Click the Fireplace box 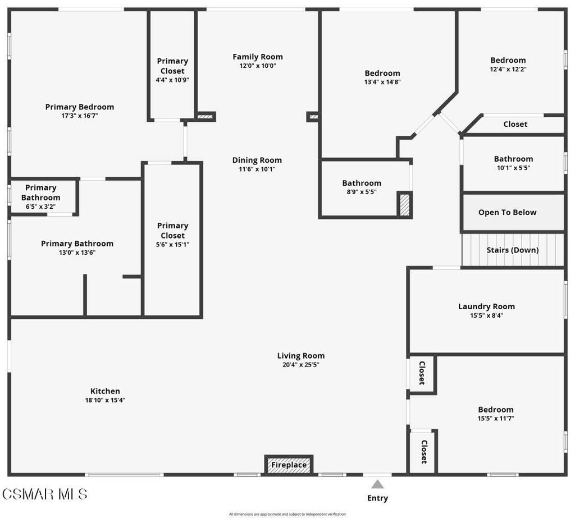(x=289, y=465)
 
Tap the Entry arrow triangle (x=377, y=485)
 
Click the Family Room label (x=257, y=57)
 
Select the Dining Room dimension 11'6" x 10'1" (x=257, y=169)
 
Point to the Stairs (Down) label (x=512, y=250)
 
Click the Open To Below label (x=507, y=212)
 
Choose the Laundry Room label (x=486, y=306)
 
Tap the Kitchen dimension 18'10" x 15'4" (x=105, y=400)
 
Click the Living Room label (x=301, y=356)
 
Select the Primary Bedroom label (x=80, y=107)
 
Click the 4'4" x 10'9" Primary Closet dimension (x=172, y=80)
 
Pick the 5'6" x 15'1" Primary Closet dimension (x=172, y=245)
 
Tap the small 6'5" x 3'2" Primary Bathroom (x=40, y=197)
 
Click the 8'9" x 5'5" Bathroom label (x=362, y=183)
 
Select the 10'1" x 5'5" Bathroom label (x=513, y=159)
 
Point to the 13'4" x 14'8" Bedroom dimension (x=382, y=82)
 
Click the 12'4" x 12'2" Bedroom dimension (x=508, y=69)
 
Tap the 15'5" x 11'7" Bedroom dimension (x=495, y=418)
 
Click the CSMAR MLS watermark (x=45, y=494)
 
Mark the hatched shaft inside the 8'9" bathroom (x=404, y=204)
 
